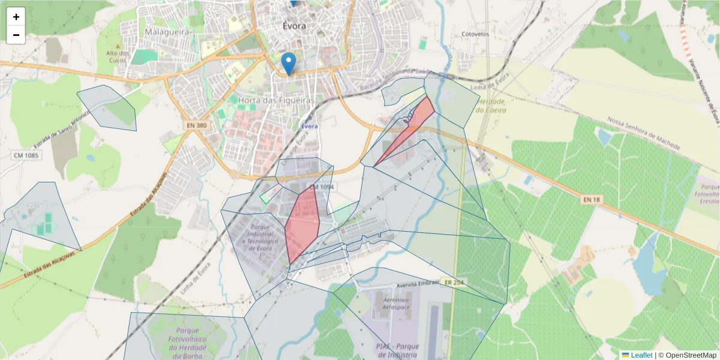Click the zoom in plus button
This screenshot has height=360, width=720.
[x=16, y=17]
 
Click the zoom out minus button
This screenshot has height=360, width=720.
[x=16, y=35]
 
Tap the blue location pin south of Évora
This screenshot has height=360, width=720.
[x=289, y=63]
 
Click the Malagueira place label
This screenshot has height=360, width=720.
[x=167, y=31]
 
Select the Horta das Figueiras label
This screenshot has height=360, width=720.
[x=276, y=100]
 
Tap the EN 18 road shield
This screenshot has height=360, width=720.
[x=591, y=199]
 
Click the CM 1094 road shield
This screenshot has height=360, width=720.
[x=323, y=187]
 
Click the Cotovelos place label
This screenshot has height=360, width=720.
[x=475, y=34]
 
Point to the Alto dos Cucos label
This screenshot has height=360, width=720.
[x=118, y=57]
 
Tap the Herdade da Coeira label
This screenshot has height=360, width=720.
[x=490, y=106]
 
